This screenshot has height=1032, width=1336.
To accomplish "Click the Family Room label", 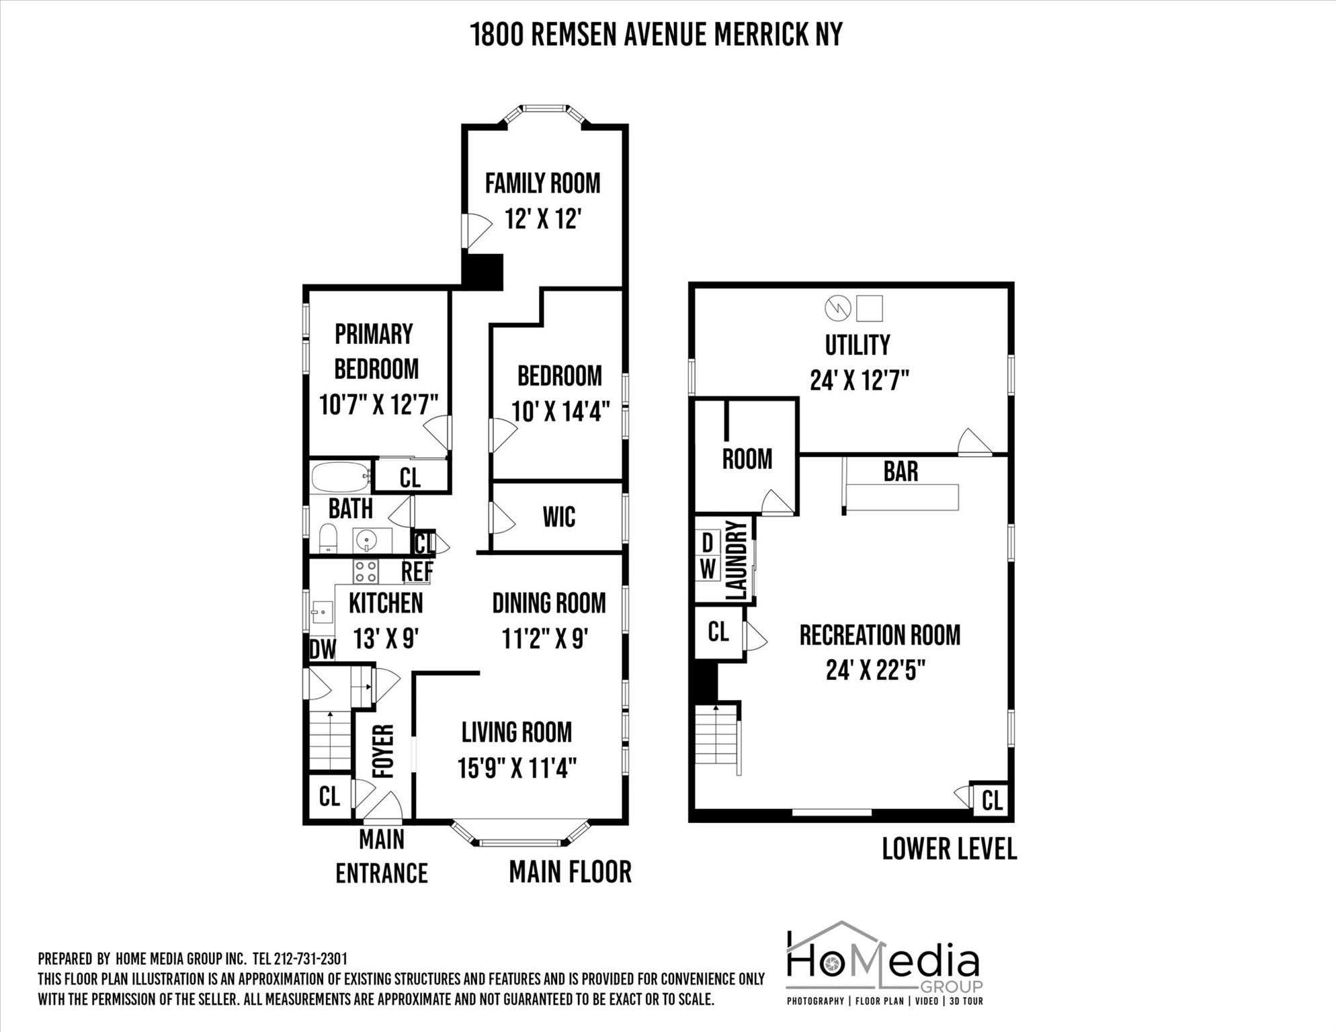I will coord(542,183).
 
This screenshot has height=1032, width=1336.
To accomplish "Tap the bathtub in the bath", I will coord(341,477).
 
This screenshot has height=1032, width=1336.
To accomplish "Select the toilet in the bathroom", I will coord(327,538).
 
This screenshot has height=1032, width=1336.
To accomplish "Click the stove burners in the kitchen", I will coord(366,572).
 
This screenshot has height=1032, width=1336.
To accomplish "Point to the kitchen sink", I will coord(323,612).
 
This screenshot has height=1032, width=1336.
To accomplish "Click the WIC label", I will coord(559,517).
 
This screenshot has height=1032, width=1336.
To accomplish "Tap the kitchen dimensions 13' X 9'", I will coord(386,638).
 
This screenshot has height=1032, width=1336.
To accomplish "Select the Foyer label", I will coord(383,751).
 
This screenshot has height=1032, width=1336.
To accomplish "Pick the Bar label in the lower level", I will coord(901,472).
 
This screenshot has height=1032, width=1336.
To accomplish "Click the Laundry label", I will coord(737,560).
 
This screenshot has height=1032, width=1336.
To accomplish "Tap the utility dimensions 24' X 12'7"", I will coord(859,381).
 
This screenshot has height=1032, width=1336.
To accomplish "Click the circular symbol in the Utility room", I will coord(838,308).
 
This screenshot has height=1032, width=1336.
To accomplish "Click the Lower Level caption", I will coord(949,849).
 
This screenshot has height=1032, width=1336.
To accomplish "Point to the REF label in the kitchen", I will coord(417,572).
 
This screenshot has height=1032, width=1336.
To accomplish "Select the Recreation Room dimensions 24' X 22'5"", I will coord(876,670).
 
